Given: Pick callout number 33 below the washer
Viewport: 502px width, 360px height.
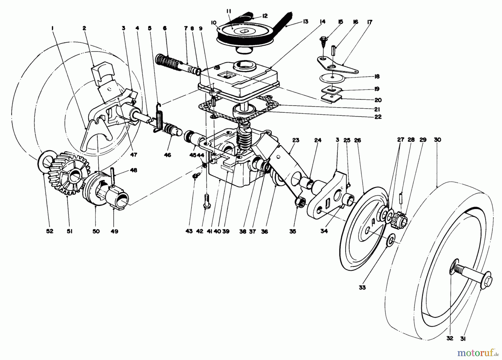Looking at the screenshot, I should tap(362, 287).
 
